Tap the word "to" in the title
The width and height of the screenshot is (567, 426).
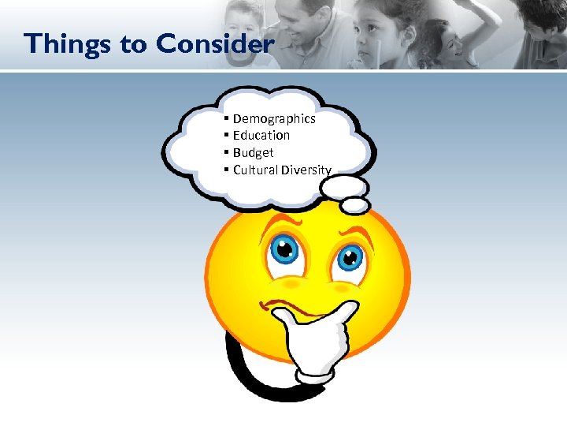tap(133, 44)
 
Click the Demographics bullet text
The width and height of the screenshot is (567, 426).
tap(274, 118)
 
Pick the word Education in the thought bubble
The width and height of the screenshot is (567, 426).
tap(261, 136)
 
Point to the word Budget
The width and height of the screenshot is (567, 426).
tap(254, 153)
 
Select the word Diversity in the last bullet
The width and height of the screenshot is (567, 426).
tap(306, 170)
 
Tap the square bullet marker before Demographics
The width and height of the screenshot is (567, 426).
tap(226, 118)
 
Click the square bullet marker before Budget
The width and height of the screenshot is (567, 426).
tap(226, 152)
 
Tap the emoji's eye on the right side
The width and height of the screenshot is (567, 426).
tap(349, 256)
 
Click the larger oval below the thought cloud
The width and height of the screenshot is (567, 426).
tap(346, 186)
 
